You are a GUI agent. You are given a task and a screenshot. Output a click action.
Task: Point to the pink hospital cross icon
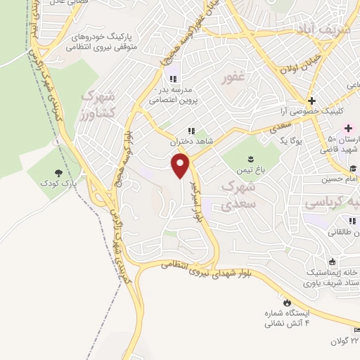pos(349,128)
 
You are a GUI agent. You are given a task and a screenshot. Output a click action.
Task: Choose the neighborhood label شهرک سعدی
pos(236,194)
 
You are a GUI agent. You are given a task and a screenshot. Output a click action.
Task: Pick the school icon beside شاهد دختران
pos(190,131)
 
